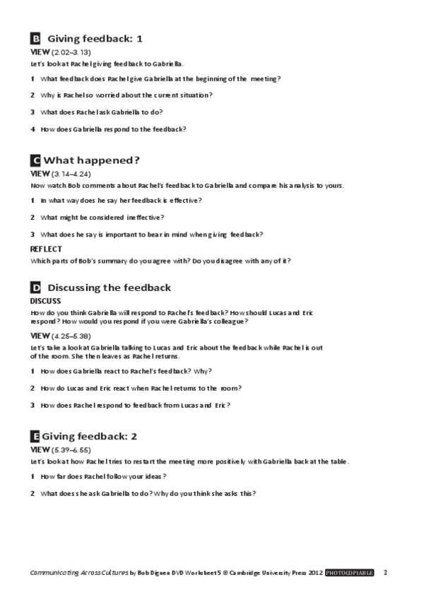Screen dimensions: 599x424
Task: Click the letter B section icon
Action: point(35,39)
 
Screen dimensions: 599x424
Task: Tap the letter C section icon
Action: point(35,160)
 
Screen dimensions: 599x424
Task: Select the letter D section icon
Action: point(35,287)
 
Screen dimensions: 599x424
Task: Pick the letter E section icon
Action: point(35,436)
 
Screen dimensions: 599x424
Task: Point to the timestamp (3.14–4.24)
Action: point(72,174)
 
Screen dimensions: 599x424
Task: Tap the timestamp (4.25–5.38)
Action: point(72,335)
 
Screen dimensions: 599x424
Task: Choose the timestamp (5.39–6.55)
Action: point(72,449)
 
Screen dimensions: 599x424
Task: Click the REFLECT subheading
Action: point(46,249)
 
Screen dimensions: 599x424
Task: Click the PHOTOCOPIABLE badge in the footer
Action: point(349,572)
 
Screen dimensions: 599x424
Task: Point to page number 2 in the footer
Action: point(385,572)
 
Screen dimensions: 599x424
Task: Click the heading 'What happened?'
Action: point(92,160)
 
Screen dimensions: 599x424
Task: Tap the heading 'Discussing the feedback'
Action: point(109,287)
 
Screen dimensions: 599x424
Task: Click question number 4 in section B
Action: point(33,129)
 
